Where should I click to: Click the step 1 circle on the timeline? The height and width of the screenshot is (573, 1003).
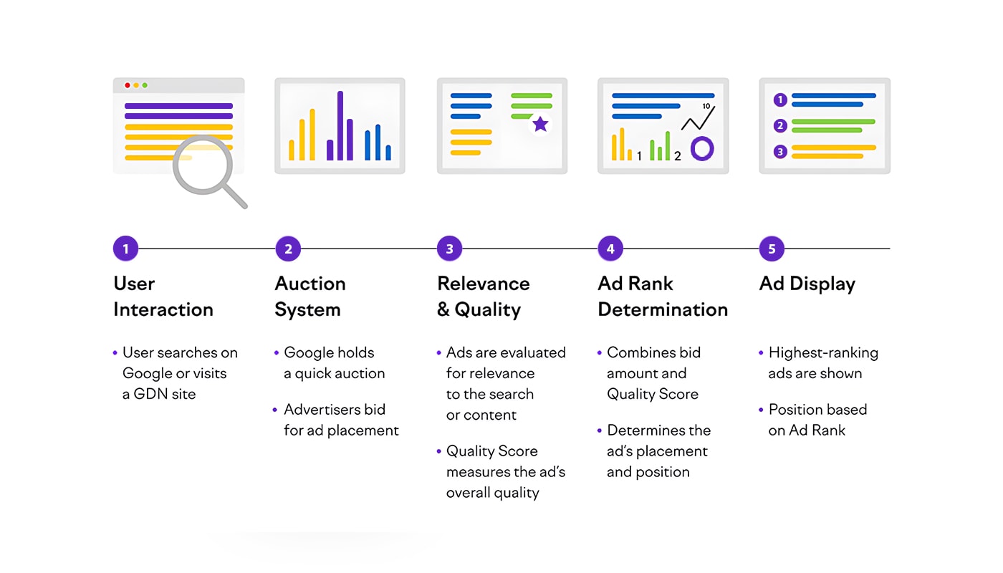(x=125, y=249)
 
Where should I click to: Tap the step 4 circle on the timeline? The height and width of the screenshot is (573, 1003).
(x=610, y=249)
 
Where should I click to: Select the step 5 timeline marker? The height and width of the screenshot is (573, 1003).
(x=772, y=249)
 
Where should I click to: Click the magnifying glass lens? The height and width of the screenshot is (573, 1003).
(x=203, y=165)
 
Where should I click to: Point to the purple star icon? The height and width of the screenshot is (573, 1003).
(x=540, y=124)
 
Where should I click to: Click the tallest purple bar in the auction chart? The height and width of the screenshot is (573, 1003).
(x=340, y=125)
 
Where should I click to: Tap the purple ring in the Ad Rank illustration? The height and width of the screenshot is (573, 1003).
(x=702, y=149)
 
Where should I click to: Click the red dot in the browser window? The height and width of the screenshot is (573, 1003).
(x=128, y=85)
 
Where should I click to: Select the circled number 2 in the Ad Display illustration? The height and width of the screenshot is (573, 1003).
(x=780, y=125)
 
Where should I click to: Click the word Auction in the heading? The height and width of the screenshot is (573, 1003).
(x=309, y=284)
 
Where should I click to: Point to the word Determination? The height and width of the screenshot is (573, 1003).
(x=663, y=309)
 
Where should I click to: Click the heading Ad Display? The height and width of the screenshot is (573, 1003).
(x=807, y=284)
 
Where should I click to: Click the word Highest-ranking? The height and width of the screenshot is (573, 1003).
(x=823, y=353)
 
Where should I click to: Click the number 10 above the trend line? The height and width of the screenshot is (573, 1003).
(x=706, y=106)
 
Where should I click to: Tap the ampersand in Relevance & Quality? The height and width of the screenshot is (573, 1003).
(x=443, y=309)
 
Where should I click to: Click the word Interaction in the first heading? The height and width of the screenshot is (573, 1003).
(x=163, y=309)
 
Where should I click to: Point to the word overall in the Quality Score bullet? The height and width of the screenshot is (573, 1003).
(x=469, y=493)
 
